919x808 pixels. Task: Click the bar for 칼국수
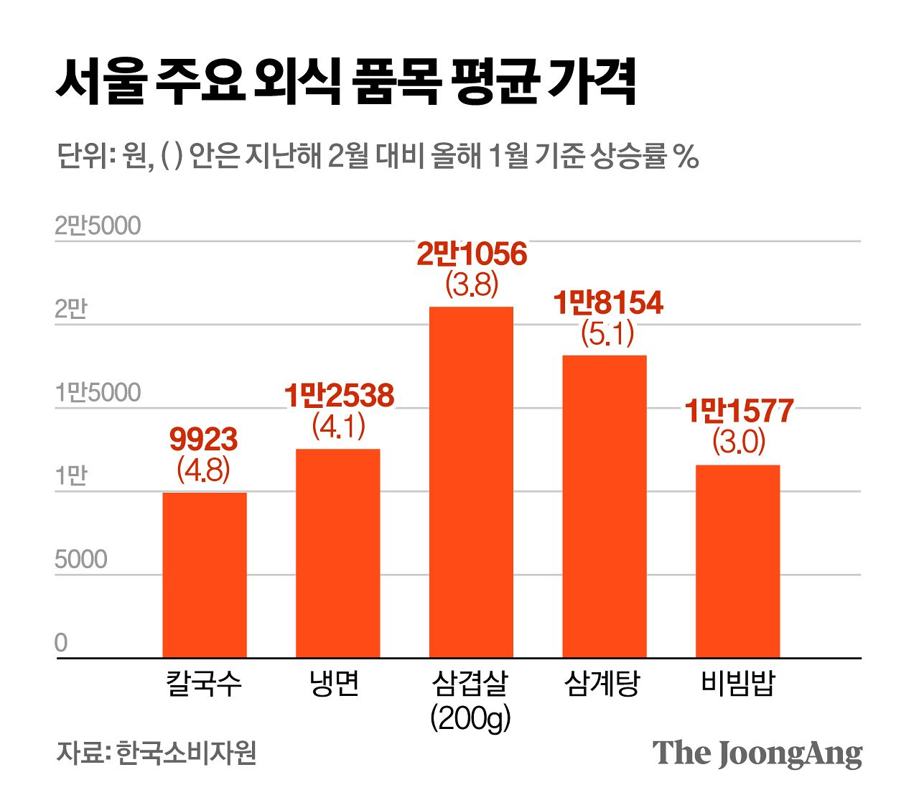[205, 575]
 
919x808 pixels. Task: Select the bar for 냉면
[337, 553]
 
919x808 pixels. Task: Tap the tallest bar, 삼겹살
[471, 481]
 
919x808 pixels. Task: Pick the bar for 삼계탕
[604, 506]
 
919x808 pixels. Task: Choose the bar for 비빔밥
[737, 561]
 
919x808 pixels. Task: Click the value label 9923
[203, 440]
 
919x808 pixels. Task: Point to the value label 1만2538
[339, 396]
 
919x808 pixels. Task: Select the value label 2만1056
[472, 254]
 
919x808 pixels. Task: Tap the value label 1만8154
[607, 303]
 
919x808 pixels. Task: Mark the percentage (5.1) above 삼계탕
[607, 334]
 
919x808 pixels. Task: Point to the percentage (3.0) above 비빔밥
[739, 442]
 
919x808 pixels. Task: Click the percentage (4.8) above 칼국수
[203, 470]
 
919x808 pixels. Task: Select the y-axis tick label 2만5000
[98, 226]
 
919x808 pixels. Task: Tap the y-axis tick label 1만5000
[98, 393]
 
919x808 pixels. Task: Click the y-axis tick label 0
[61, 643]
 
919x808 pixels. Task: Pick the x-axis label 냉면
[335, 683]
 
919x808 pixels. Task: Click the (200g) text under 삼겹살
[470, 717]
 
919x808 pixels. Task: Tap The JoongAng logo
[757, 753]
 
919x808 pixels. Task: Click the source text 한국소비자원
[186, 753]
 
